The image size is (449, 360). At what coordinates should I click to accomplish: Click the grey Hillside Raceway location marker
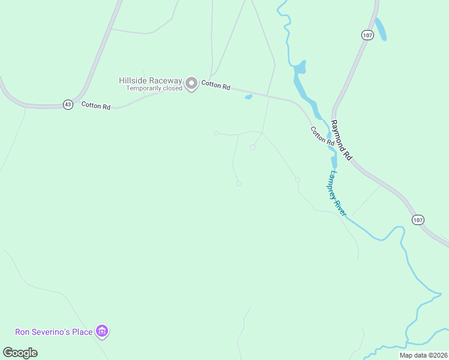click(x=191, y=83)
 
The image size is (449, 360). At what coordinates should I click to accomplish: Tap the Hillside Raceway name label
click(x=151, y=80)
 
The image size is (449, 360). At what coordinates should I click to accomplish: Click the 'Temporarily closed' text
click(x=154, y=88)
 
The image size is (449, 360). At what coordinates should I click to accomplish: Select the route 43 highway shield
click(x=68, y=104)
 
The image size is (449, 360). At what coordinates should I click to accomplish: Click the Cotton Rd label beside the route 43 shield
click(x=96, y=106)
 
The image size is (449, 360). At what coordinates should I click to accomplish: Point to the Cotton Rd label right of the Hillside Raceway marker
click(x=215, y=85)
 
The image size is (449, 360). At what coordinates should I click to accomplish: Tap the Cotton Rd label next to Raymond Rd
click(x=322, y=136)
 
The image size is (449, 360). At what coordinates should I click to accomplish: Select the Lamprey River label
click(x=337, y=193)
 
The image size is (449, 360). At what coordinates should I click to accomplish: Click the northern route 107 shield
click(x=368, y=35)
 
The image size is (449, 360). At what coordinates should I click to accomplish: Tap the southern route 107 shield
click(x=418, y=220)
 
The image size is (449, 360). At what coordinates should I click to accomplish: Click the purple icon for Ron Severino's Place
click(x=103, y=331)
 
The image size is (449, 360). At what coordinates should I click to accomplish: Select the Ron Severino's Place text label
click(x=53, y=332)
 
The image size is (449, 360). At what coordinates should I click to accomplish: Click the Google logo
click(x=20, y=353)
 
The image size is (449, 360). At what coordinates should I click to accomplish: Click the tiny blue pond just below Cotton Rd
click(x=249, y=97)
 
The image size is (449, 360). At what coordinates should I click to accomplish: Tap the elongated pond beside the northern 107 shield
click(x=381, y=29)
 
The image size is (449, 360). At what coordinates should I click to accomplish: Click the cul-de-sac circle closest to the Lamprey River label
click(x=297, y=179)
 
